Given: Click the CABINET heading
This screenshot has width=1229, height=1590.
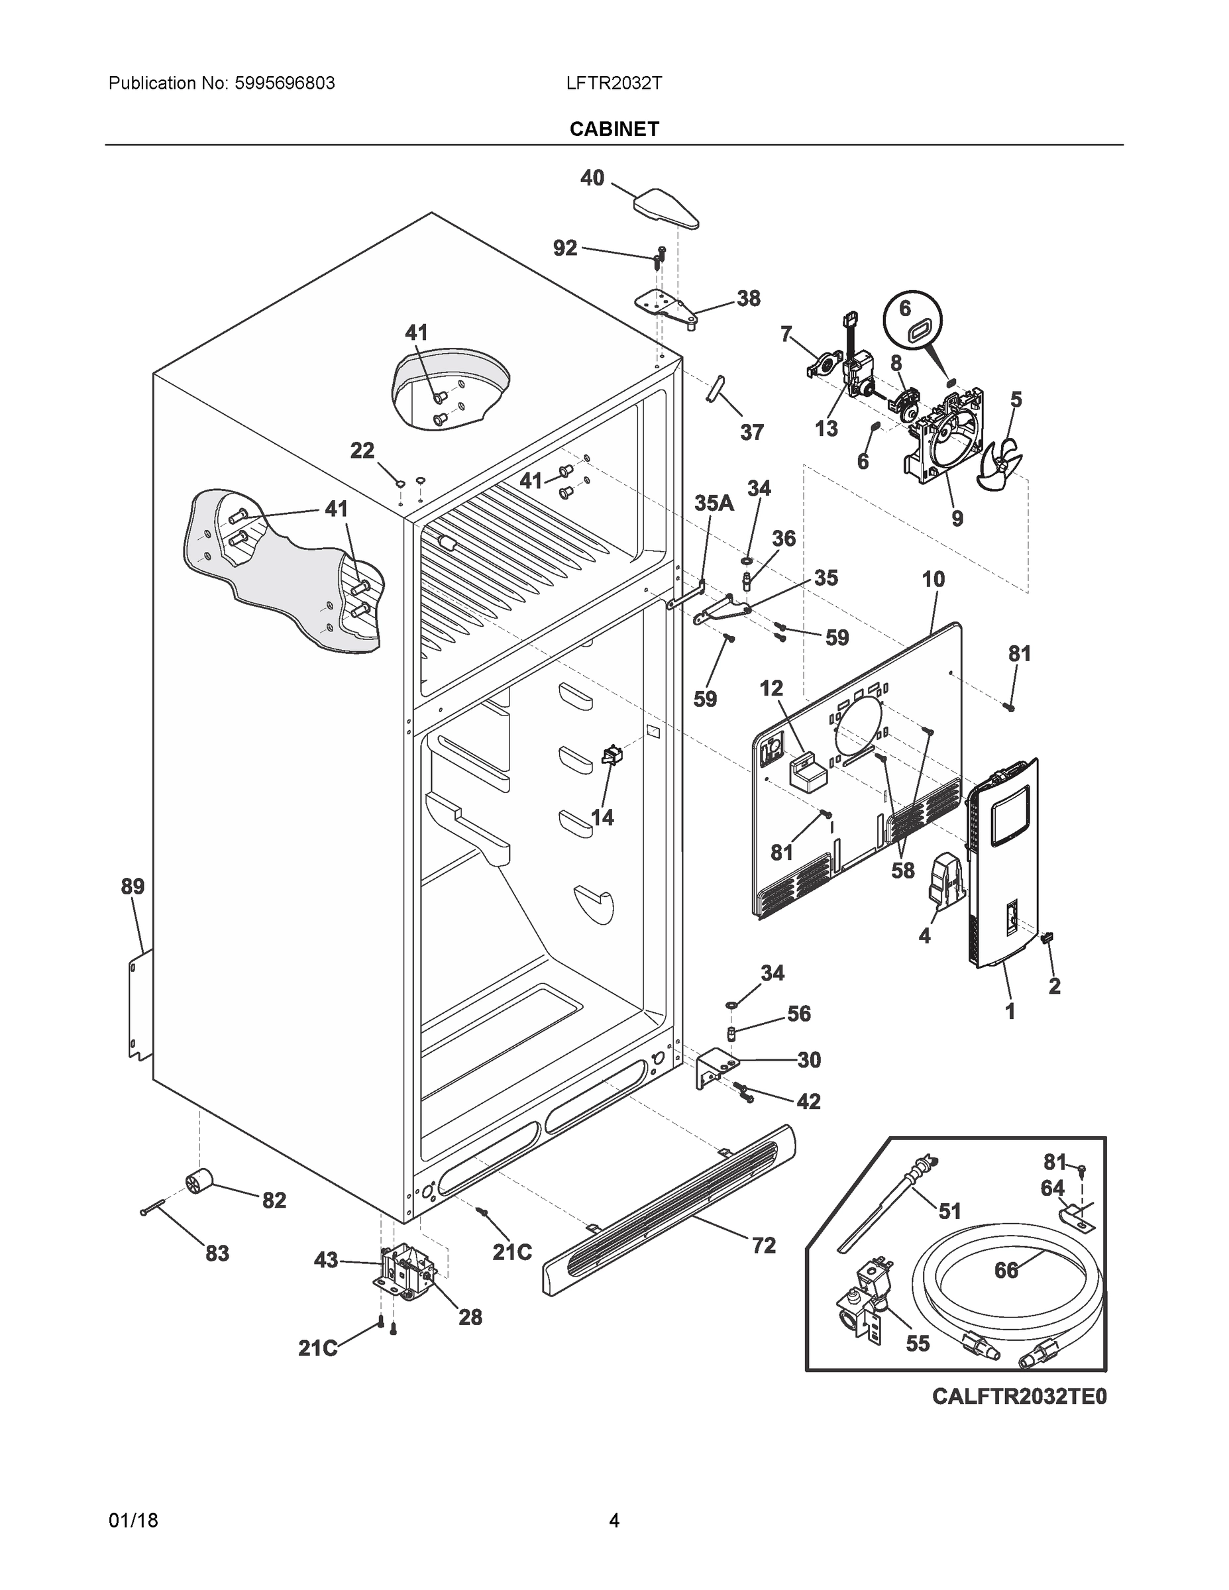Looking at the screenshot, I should click(x=614, y=129).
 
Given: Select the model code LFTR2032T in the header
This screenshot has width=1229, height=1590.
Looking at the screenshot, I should click(x=614, y=83).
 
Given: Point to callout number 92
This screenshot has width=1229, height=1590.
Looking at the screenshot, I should click(x=565, y=248).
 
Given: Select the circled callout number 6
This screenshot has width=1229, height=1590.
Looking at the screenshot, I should click(x=904, y=309).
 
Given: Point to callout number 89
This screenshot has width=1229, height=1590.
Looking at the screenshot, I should click(x=133, y=886).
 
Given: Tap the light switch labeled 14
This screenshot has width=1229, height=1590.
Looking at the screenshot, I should click(x=612, y=755).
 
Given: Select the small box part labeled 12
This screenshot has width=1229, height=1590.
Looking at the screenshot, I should click(x=808, y=774).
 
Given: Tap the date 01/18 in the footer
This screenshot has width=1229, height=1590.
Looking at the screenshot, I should click(x=133, y=1520).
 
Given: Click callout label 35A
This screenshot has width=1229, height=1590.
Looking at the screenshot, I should click(x=714, y=503).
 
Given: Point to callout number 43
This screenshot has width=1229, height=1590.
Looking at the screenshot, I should click(x=325, y=1259).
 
